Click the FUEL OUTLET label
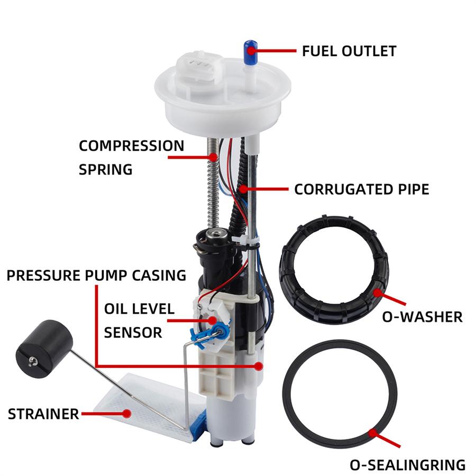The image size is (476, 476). tap(349, 51)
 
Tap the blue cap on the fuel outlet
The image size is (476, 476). tap(250, 50)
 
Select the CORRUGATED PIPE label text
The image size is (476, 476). tap(361, 189)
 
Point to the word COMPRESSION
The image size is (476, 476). tap(132, 145)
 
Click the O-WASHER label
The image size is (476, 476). tap(422, 317)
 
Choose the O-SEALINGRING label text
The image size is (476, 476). tap(407, 465)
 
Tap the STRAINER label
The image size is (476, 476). tap(43, 414)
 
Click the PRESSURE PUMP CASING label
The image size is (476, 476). tap(96, 275)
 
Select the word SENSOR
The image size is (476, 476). tap(133, 333)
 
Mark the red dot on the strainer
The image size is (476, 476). tap(126, 413)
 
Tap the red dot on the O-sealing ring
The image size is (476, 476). tap(373, 432)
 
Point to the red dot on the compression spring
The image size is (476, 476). tap(214, 157)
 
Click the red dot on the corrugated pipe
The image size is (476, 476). tap(242, 189)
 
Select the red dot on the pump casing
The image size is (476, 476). tap(259, 365)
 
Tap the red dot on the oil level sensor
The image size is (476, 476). tap(213, 320)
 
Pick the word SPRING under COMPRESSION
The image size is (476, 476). tap(105, 170)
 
